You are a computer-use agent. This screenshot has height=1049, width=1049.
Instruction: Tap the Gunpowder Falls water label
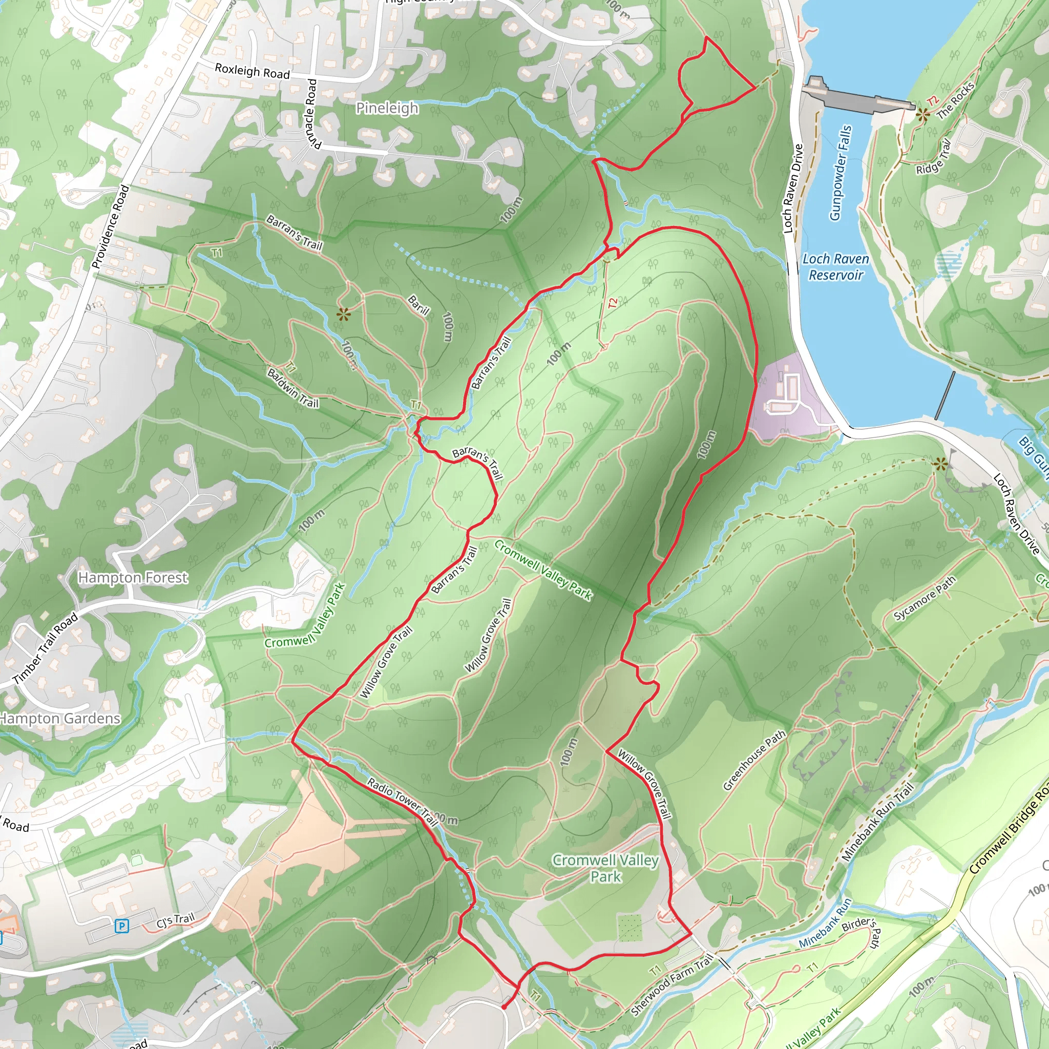pyautogui.click(x=841, y=173)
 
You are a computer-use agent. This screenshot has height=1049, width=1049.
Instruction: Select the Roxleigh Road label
pyautogui.click(x=252, y=71)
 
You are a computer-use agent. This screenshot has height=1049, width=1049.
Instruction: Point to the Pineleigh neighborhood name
pyautogui.click(x=387, y=108)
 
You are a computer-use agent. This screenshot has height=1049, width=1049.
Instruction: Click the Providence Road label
pyautogui.click(x=111, y=227)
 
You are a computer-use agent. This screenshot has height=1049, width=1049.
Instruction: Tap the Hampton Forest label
pyautogui.click(x=133, y=578)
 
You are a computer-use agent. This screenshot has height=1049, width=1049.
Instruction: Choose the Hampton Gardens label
pyautogui.click(x=60, y=718)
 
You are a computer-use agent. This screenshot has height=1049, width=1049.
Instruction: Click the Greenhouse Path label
pyautogui.click(x=754, y=760)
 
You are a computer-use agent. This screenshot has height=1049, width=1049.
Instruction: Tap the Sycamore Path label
pyautogui.click(x=925, y=598)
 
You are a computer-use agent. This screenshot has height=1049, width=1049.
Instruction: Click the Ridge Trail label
pyautogui.click(x=934, y=158)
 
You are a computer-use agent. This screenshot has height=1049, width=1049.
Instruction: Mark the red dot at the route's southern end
pyautogui.click(x=504, y=1007)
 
